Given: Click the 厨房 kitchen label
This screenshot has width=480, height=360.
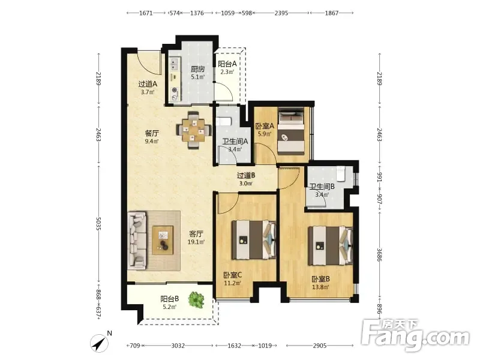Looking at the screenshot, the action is pos(198,69).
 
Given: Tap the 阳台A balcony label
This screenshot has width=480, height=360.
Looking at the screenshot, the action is pos(227,64).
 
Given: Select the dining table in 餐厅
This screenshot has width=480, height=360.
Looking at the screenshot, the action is pos(193,130).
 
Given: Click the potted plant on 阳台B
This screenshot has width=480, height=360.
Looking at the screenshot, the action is pos(196,299).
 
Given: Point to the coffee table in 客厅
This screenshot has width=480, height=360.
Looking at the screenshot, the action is pos(163,241).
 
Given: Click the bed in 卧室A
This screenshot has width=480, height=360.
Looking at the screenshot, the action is pos(291,130).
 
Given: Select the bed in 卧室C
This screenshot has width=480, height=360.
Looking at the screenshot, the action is pos(254,239).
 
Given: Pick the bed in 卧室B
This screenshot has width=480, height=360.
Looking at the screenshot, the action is pos(331,245).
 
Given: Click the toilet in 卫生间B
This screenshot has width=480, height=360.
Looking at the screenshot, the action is pos(341,173).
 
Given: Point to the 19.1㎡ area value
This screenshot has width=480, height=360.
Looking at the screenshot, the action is pos(196,242).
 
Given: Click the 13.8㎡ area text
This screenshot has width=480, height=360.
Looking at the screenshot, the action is pos(320,287).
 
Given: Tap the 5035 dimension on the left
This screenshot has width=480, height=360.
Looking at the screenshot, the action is pos(98,224).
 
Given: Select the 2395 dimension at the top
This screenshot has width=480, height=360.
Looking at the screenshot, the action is pos(281,13).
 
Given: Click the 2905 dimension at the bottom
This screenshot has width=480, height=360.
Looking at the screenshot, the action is pos(320,346).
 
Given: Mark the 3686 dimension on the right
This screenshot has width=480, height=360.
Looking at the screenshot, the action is pos(380,254).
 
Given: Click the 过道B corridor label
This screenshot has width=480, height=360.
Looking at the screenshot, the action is pos(246,176).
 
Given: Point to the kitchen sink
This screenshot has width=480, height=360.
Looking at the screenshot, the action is pos(174,65).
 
